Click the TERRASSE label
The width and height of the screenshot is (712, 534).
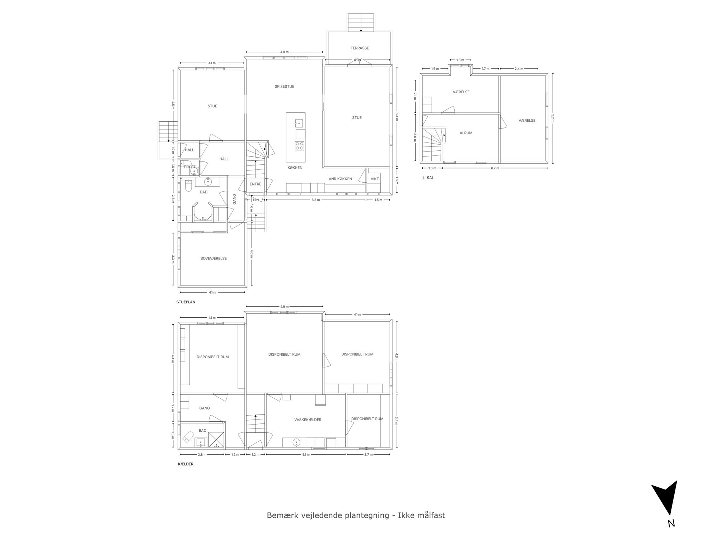tap(360, 48)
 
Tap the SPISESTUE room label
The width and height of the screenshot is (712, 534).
tap(284, 86)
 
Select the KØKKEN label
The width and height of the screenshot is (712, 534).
tap(295, 168)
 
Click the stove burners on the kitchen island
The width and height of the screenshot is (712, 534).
tap(300, 146)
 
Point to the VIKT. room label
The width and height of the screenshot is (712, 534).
tap(375, 179)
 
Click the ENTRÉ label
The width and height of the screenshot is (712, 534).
tap(256, 184)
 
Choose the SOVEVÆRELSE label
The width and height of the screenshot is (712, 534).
tap(214, 258)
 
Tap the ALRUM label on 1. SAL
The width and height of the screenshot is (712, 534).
tap(466, 133)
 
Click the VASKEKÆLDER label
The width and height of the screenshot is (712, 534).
tap(308, 420)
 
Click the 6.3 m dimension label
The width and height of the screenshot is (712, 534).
tap(315, 200)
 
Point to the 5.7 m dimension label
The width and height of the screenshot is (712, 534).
tap(553, 118)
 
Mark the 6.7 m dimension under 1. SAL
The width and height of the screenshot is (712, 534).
tap(495, 168)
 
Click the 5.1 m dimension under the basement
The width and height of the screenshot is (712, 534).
tap(306, 455)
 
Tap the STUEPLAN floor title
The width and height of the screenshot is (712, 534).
tap(186, 302)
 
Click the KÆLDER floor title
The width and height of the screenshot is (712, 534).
tap(186, 464)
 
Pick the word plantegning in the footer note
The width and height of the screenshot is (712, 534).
tap(367, 516)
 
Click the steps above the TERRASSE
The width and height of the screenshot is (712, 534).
tap(361, 23)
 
